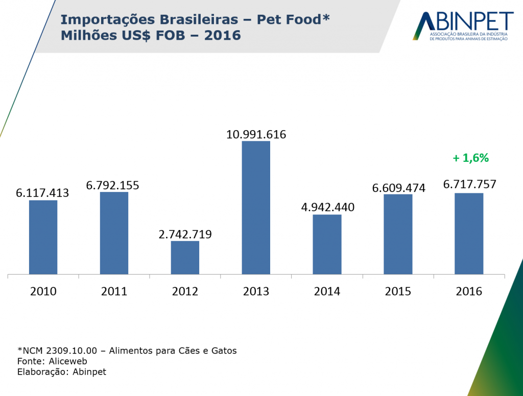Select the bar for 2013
click(256, 208)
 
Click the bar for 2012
click(185, 258)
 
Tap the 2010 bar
click(43, 237)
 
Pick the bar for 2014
click(327, 244)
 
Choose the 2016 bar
click(469, 234)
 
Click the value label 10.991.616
click(256, 135)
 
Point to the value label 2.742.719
click(185, 235)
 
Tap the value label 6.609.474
click(398, 188)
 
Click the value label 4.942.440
click(327, 208)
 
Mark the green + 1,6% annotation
click(470, 158)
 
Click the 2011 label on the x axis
click(114, 292)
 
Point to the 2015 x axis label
click(398, 292)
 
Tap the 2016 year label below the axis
click(469, 292)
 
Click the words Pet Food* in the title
click(293, 20)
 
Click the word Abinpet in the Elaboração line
click(89, 372)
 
